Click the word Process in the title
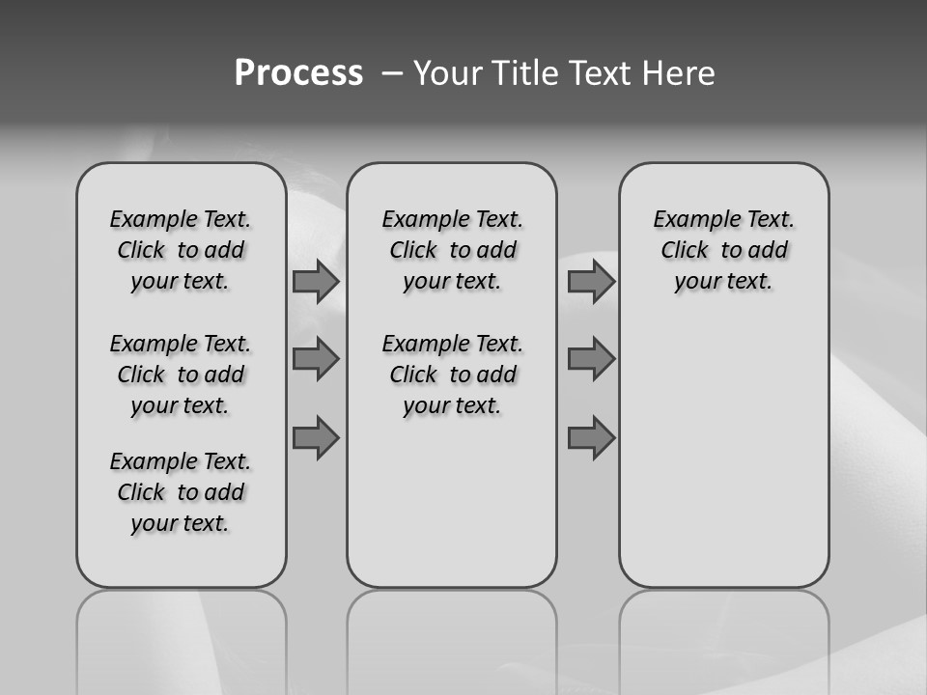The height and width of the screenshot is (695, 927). [298, 73]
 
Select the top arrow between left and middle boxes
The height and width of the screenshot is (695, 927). [316, 282]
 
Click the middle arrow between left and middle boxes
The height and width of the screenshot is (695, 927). [316, 359]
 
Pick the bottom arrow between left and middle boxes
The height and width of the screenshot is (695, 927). [316, 438]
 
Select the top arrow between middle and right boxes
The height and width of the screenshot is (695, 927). [591, 282]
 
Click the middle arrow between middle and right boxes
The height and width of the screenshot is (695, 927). [591, 359]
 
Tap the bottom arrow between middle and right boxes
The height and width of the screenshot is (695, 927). [591, 438]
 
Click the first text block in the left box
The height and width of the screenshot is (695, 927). [181, 251]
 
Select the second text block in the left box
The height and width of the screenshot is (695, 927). [181, 375]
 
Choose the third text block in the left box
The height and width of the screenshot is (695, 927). [181, 492]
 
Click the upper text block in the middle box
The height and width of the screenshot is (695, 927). [452, 251]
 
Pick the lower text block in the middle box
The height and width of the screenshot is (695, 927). [452, 375]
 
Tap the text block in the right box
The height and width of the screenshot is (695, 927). [723, 251]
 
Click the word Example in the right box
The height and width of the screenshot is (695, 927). [689, 220]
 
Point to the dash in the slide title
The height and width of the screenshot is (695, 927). [391, 74]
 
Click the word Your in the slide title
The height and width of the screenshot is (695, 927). [446, 73]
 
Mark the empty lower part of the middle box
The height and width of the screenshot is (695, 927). [452, 502]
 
